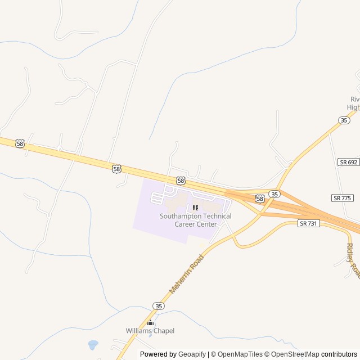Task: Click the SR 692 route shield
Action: click(x=349, y=162)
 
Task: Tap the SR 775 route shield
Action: click(x=343, y=198)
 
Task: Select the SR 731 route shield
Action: click(x=308, y=224)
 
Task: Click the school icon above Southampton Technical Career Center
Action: click(x=195, y=208)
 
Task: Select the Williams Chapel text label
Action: click(x=150, y=331)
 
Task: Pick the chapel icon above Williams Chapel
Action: click(x=150, y=322)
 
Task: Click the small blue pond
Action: click(x=93, y=344)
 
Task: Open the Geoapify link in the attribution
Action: click(x=192, y=354)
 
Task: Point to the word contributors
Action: click(x=339, y=354)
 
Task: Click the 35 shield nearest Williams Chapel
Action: click(x=158, y=306)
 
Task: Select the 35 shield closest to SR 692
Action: click(x=344, y=120)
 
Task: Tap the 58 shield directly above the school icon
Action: click(x=181, y=181)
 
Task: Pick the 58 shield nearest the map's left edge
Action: click(x=20, y=144)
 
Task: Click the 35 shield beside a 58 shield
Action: click(x=274, y=194)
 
